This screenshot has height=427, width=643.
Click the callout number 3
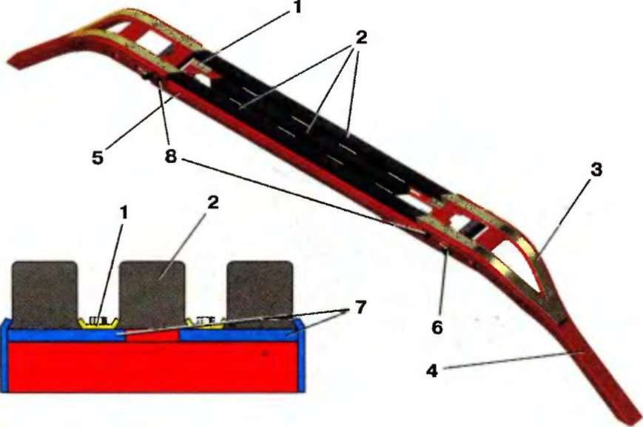pyautogui.click(x=596, y=169)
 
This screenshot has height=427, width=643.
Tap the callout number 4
pyautogui.click(x=432, y=371)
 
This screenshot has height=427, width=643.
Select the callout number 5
pyautogui.click(x=97, y=157)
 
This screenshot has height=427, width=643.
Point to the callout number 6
pyautogui.click(x=437, y=327)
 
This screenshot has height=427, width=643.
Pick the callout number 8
pyautogui.click(x=171, y=156)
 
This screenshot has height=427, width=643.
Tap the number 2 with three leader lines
pyautogui.click(x=360, y=37)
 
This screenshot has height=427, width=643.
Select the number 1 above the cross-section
pyautogui.click(x=123, y=213)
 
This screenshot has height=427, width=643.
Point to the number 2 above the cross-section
pyautogui.click(x=212, y=202)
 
